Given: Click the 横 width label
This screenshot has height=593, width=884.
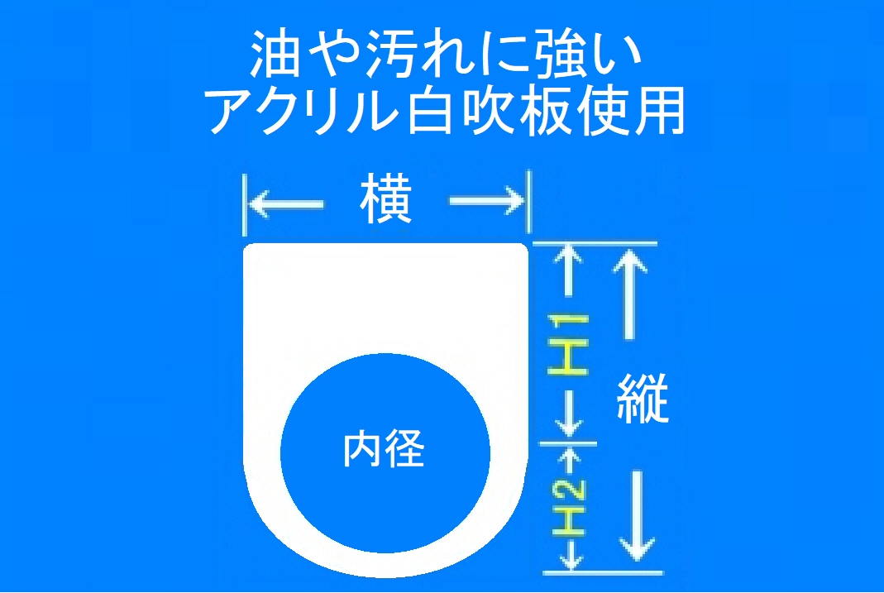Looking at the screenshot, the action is (385, 199).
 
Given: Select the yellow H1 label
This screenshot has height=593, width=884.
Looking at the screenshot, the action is (568, 344).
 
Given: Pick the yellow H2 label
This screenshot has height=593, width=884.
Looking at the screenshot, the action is (569, 506).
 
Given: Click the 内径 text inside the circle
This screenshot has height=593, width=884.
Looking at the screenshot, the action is (384, 449).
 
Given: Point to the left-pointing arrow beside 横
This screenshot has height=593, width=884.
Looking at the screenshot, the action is (286, 203).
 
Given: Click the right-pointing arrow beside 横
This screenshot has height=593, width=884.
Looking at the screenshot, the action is (486, 201).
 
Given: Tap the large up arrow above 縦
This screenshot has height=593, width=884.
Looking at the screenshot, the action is (629, 294).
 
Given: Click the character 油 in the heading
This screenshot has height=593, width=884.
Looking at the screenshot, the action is (275, 54).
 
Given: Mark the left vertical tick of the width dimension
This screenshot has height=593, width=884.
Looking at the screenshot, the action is (244, 204).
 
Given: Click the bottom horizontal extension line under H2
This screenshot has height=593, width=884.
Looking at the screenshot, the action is (603, 572).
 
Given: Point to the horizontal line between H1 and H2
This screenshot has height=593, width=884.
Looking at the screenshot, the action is (568, 443).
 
